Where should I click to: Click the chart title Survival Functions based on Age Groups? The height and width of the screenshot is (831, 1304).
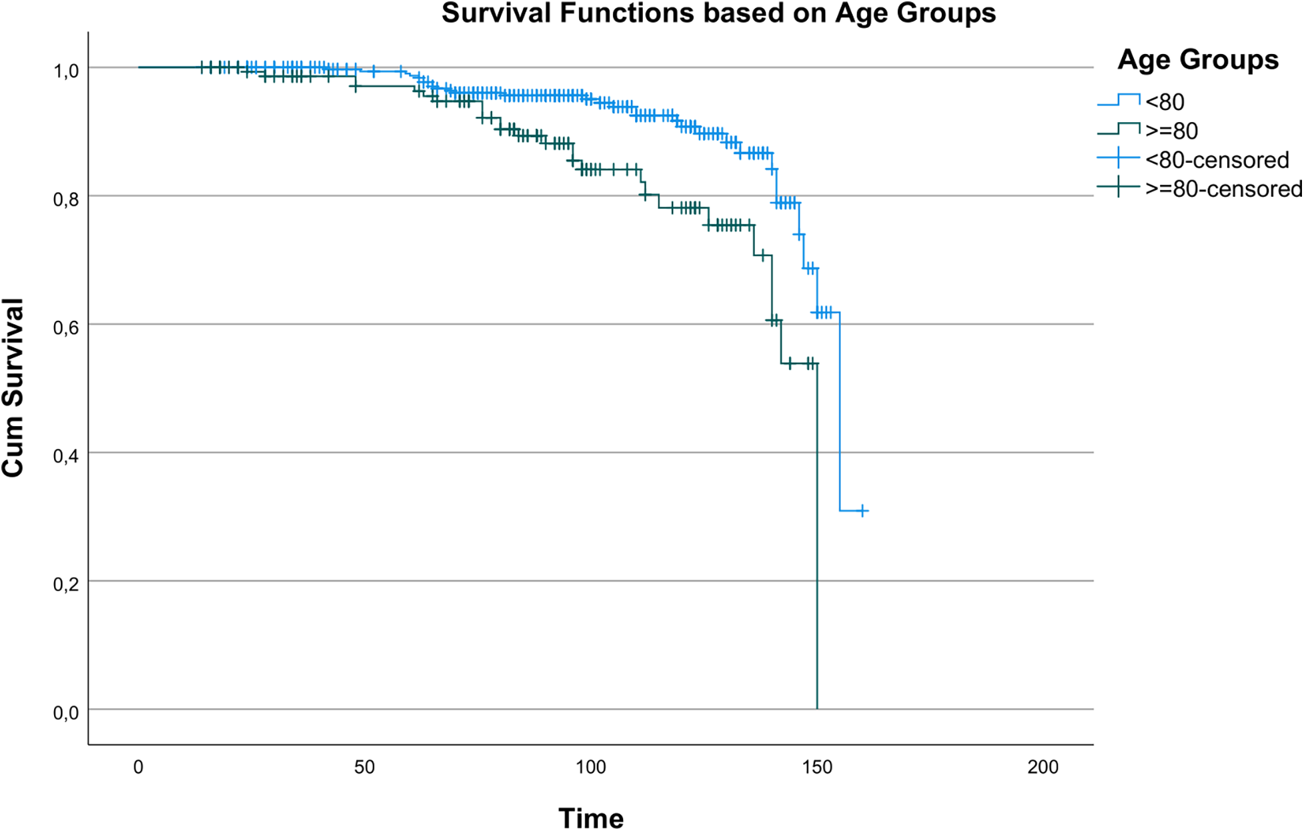click(x=718, y=13)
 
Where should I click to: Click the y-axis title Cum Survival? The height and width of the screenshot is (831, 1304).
click(x=13, y=387)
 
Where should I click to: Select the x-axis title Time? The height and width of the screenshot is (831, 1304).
click(x=590, y=818)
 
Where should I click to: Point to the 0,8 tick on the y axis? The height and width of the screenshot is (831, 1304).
click(x=65, y=199)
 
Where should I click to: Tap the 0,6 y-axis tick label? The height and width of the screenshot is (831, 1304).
click(x=65, y=327)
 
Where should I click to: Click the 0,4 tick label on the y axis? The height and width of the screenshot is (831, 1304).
click(x=65, y=456)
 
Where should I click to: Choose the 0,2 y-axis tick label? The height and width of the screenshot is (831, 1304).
click(x=65, y=584)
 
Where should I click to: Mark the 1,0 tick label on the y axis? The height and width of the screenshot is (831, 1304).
click(x=65, y=71)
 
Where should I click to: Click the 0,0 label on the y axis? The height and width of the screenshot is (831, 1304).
click(x=65, y=713)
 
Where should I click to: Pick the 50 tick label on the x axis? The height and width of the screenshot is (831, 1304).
click(x=364, y=767)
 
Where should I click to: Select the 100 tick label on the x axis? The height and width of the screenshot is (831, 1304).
click(x=590, y=767)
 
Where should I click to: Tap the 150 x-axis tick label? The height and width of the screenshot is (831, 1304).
click(x=816, y=767)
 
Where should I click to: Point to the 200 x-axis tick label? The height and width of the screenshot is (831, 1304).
click(x=1043, y=767)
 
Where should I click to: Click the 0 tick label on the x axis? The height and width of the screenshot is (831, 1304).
click(x=138, y=767)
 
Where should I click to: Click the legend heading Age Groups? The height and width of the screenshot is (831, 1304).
click(x=1197, y=60)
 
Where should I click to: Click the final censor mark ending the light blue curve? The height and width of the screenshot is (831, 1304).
click(x=862, y=511)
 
